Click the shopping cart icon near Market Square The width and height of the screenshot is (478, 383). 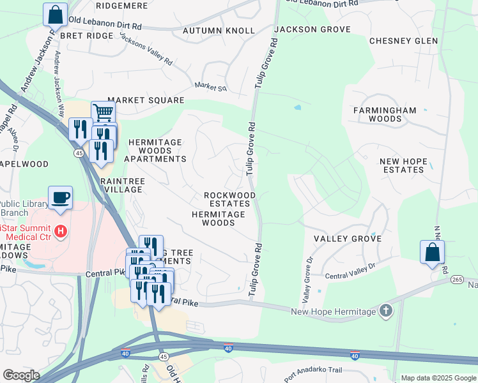[x=103, y=112]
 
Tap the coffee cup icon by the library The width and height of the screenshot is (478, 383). [x=60, y=197]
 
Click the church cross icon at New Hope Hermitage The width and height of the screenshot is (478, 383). [x=385, y=310]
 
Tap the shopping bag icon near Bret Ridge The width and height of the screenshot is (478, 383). [x=55, y=14]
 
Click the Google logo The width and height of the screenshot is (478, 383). [x=20, y=375]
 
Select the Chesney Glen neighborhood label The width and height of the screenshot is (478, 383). [x=403, y=41]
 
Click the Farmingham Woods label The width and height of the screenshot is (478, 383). [x=385, y=114]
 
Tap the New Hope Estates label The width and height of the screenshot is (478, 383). [x=403, y=166]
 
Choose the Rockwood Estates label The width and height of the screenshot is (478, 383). [x=229, y=200]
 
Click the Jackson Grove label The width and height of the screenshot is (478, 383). [x=312, y=29]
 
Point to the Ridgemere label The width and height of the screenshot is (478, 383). [x=121, y=5]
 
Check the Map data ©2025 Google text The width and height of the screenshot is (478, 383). [x=438, y=378]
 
